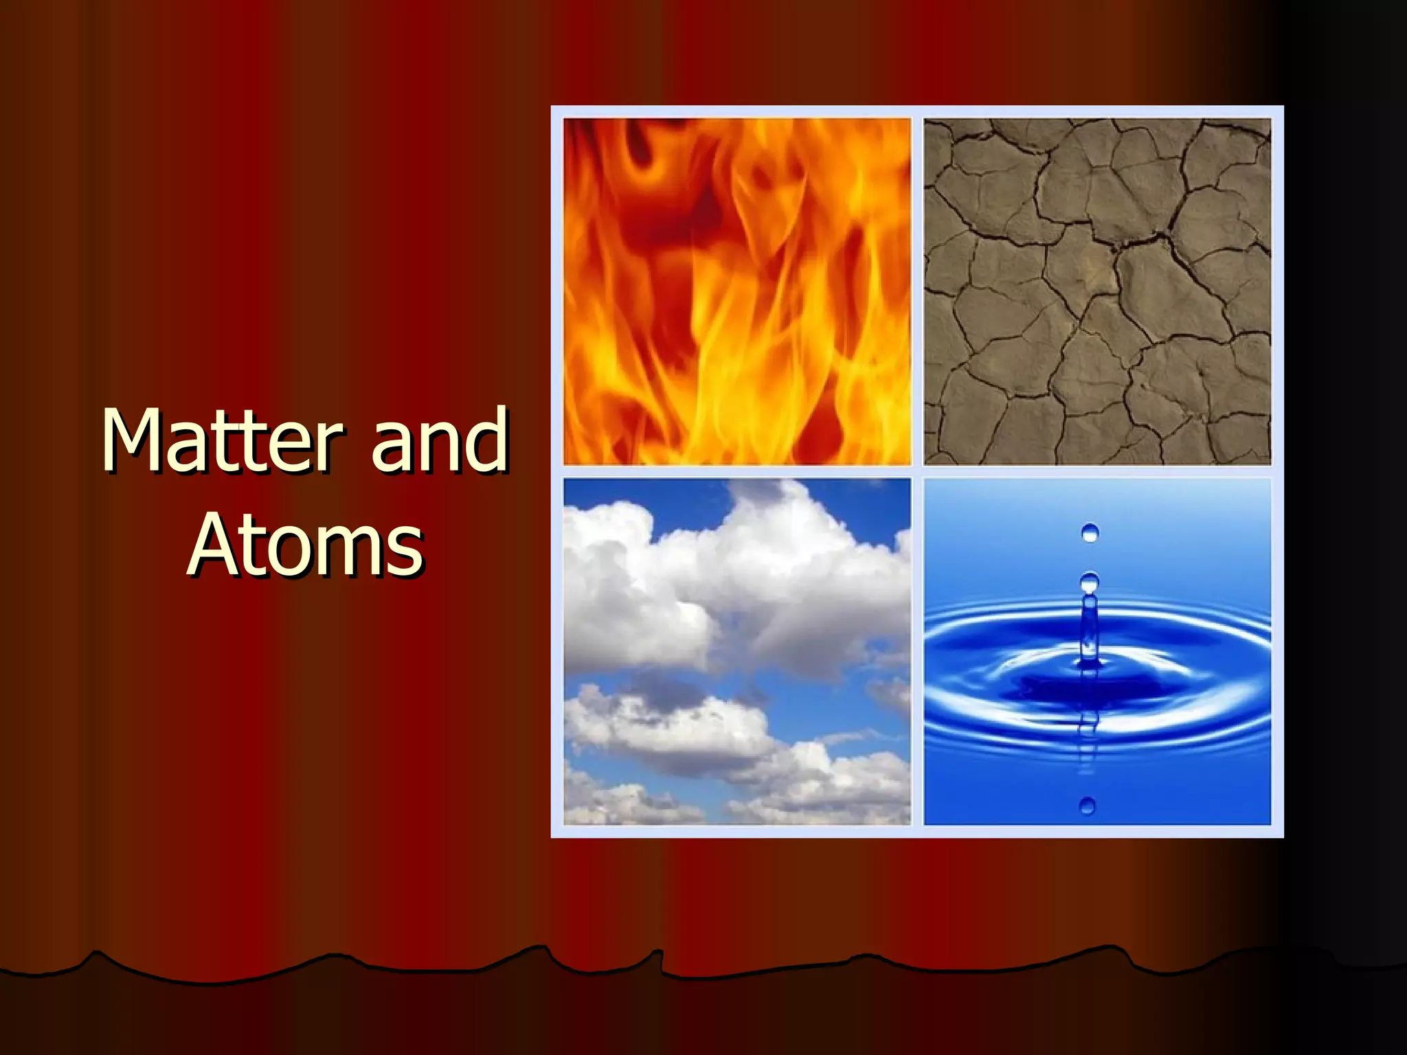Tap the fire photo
pos(737,291)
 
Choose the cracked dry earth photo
pos(1097,291)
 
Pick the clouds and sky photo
pos(737,651)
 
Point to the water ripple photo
pos(1097,651)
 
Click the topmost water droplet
pos(1090,532)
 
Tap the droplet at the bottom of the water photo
pos(1088,805)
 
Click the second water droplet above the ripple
pos(1090,583)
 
